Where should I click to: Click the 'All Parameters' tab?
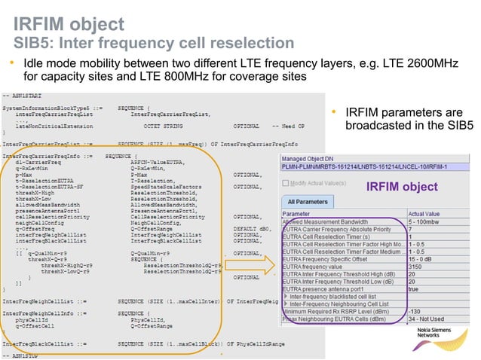pyautogui.click(x=307, y=201)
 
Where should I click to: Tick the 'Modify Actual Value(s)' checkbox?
pyautogui.click(x=286, y=183)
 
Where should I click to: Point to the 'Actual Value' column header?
pyautogui.click(x=445, y=215)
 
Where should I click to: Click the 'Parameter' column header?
pyautogui.click(x=301, y=215)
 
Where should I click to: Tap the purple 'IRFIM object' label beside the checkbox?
pyautogui.click(x=401, y=186)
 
